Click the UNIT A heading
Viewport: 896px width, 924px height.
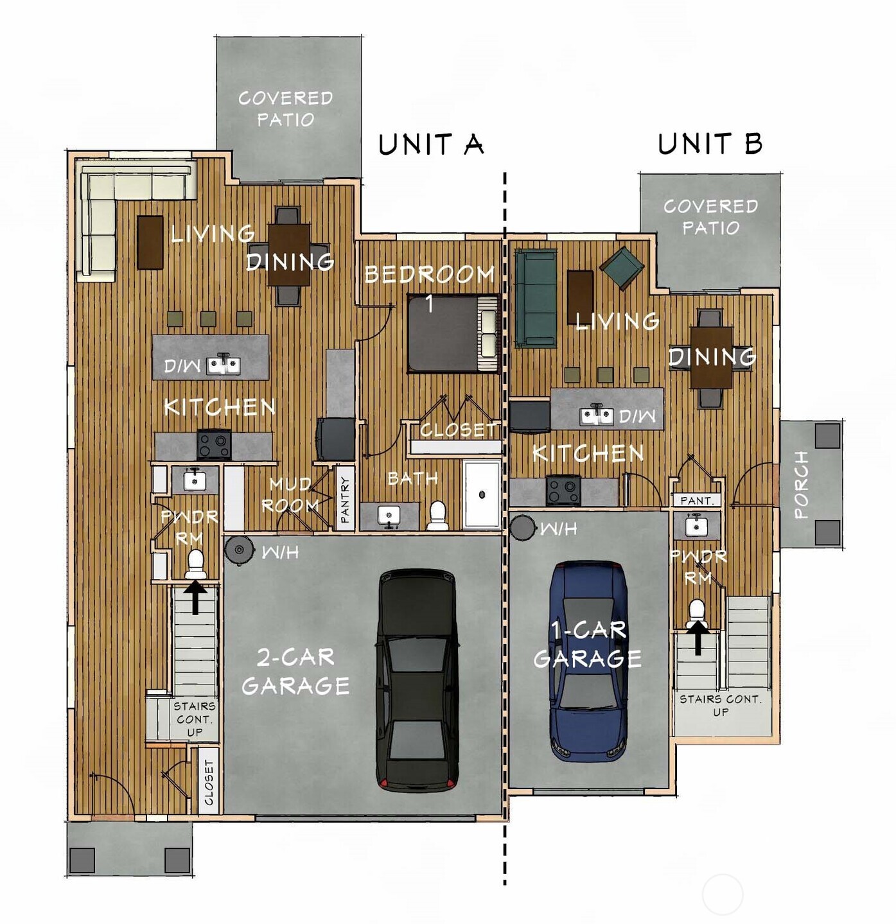pyautogui.click(x=430, y=144)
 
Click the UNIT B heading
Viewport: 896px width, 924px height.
pyautogui.click(x=710, y=143)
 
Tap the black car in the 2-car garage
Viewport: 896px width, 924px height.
pyautogui.click(x=418, y=679)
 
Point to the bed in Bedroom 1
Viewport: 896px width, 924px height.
pyautogui.click(x=454, y=333)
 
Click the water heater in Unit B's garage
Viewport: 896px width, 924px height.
pyautogui.click(x=523, y=528)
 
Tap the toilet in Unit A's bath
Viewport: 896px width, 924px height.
pyautogui.click(x=437, y=515)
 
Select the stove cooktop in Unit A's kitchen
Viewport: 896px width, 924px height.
pyautogui.click(x=214, y=444)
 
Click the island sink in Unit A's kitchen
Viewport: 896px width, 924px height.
pyautogui.click(x=223, y=365)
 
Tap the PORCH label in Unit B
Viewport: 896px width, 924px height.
pyautogui.click(x=800, y=484)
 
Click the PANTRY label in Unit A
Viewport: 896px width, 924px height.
pyautogui.click(x=345, y=499)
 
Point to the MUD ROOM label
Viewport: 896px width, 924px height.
pyautogui.click(x=291, y=494)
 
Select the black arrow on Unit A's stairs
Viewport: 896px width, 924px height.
pyautogui.click(x=196, y=597)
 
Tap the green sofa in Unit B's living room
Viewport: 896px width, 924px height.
pyautogui.click(x=535, y=299)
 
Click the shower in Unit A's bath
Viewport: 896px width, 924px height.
pyautogui.click(x=482, y=493)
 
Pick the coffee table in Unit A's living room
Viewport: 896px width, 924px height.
pyautogui.click(x=150, y=242)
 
